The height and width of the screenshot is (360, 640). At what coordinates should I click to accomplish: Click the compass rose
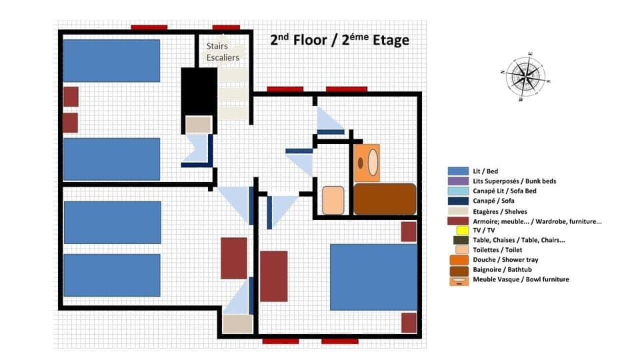click(526, 76)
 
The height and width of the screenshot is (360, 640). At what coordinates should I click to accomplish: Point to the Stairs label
click(217, 46)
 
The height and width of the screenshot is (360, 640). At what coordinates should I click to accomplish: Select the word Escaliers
click(223, 57)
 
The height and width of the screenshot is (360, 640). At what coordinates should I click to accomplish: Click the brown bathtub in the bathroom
click(385, 199)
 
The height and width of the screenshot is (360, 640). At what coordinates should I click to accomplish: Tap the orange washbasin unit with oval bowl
click(367, 162)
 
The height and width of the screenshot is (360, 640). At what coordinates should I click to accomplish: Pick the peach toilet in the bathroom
click(333, 200)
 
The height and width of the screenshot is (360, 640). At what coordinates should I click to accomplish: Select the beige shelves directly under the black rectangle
click(198, 125)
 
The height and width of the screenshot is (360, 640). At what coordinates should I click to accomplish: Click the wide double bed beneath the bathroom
click(373, 277)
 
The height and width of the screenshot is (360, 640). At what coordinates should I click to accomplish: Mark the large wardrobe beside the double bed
click(273, 276)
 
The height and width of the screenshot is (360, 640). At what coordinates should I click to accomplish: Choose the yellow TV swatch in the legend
click(458, 230)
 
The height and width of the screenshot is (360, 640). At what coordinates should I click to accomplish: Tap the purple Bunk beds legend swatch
click(458, 181)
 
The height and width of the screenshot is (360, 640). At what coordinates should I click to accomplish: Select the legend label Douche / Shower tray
click(505, 259)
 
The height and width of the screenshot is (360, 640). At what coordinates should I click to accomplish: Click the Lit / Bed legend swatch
click(458, 171)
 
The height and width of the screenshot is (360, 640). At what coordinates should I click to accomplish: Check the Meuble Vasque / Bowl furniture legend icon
click(458, 280)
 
